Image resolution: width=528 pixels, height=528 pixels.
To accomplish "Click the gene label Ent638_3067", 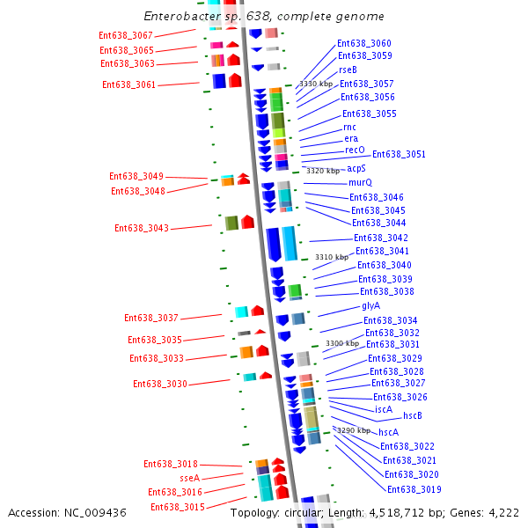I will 126,35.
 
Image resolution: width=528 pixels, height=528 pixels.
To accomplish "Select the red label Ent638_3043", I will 142,229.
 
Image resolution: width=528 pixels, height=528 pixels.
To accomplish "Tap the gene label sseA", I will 190,478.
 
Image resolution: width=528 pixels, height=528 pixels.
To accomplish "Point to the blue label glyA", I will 370,306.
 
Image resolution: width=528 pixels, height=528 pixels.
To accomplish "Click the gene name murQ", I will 360,183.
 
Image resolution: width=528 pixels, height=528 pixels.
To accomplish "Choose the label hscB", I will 413,416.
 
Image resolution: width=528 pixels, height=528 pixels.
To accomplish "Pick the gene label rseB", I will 348,70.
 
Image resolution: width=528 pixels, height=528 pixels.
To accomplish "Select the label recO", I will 355,150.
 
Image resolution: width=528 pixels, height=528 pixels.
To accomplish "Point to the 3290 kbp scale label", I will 354,431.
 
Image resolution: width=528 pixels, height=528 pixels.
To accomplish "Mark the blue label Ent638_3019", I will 414,489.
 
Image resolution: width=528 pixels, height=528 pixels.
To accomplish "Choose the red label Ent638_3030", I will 160,385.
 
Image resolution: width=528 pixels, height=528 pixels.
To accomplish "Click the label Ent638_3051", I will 399,155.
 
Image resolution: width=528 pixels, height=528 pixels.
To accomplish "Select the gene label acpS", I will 356,168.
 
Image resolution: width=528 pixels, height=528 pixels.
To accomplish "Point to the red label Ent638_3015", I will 178,507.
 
